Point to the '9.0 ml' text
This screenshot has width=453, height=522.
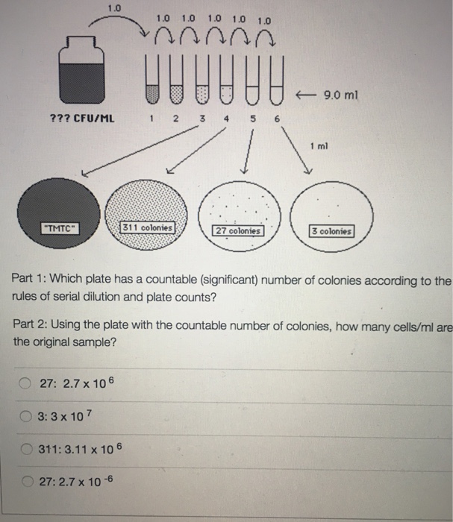pos(348,95)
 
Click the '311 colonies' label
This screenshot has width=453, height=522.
pos(148,227)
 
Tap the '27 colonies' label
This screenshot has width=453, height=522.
pos(238,230)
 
